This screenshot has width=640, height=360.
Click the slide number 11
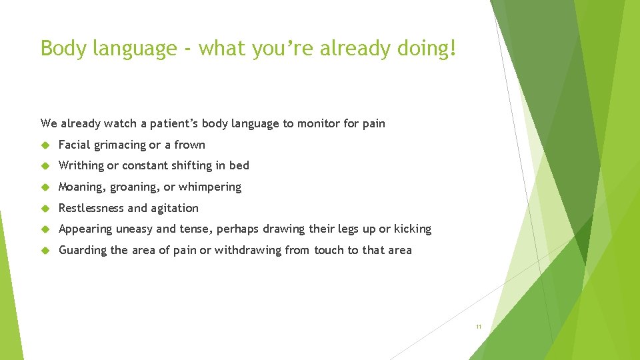[478, 327]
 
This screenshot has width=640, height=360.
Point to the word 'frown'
[190, 145]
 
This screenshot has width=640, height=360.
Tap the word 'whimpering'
[210, 187]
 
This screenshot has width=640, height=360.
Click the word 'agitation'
[175, 208]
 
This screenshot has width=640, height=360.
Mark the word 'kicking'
[413, 229]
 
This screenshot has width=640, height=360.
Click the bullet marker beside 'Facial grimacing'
[45, 145]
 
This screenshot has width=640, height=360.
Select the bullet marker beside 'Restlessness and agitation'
[45, 209]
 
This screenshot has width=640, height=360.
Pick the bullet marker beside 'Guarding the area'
[45, 251]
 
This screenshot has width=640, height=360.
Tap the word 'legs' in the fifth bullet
[347, 229]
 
